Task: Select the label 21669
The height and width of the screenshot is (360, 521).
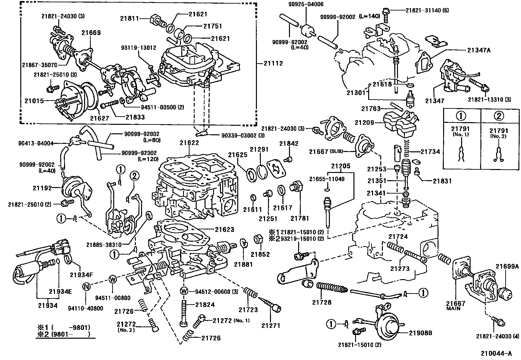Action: click(91, 33)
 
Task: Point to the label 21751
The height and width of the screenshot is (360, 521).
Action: click(213, 26)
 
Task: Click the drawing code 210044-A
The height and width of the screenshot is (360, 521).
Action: click(496, 353)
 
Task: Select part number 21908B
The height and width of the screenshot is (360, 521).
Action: click(421, 333)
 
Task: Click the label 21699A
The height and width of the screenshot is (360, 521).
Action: click(507, 266)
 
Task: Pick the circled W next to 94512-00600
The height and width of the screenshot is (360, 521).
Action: click(184, 291)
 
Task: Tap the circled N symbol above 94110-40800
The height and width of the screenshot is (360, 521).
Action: click(86, 286)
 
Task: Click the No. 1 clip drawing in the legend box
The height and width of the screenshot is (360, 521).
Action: click(461, 154)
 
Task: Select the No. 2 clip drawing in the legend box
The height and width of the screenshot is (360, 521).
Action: click(498, 154)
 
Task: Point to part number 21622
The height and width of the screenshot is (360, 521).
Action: click(189, 143)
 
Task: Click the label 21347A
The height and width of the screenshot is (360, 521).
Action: click(479, 50)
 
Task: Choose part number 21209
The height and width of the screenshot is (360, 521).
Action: click(364, 123)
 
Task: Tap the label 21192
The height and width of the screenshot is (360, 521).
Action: click(42, 188)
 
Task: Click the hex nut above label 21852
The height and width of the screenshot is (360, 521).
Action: click(258, 240)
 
